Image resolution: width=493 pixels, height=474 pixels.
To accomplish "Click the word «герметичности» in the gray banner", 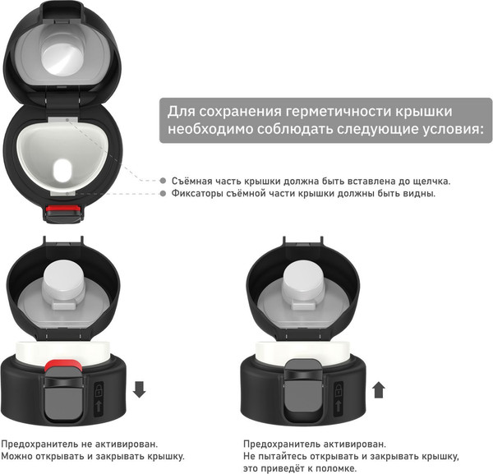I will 355,111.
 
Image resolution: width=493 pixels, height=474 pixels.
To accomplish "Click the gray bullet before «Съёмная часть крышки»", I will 164,181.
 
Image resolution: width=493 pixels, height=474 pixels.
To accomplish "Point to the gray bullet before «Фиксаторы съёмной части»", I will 164,194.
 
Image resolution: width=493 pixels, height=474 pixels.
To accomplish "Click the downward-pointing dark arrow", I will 139,389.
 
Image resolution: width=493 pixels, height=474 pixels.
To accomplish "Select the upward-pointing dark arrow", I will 378,389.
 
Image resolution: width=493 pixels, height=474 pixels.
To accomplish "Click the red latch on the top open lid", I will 62,212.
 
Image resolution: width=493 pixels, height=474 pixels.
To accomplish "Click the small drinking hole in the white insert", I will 62,173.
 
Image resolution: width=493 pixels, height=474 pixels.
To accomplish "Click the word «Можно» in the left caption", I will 16,456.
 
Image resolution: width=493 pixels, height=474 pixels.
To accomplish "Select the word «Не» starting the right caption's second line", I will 250,456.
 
